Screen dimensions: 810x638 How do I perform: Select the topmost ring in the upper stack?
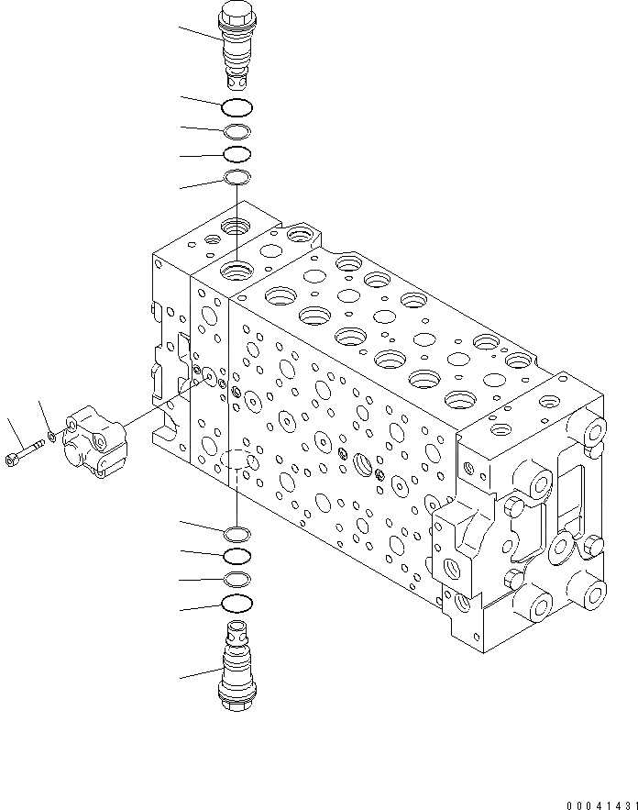point(236,107)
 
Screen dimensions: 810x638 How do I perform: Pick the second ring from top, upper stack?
point(236,131)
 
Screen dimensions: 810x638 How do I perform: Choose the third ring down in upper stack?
point(236,153)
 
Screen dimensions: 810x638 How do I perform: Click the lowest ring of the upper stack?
point(236,177)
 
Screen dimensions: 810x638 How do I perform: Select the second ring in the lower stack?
point(236,556)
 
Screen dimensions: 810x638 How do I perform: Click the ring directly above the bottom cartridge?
point(236,604)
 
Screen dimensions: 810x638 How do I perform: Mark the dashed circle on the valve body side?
point(236,460)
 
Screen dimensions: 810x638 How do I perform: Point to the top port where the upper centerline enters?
point(236,271)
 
